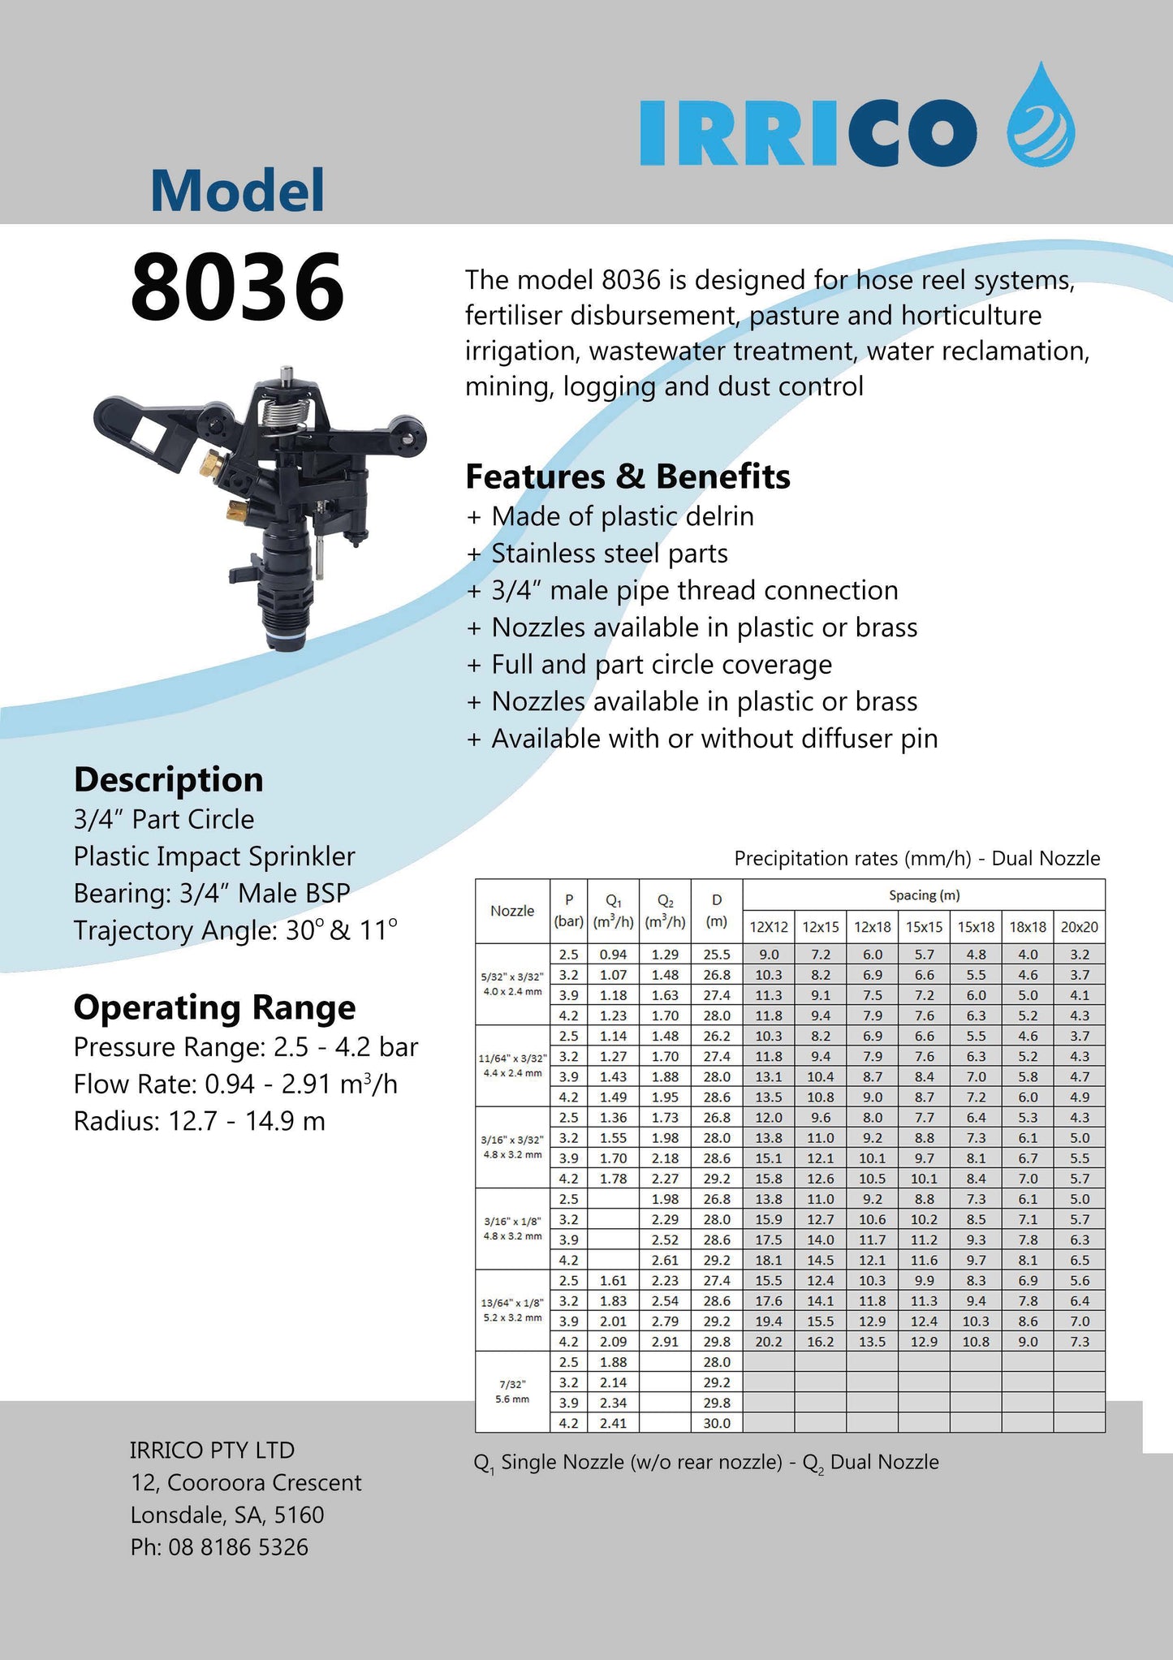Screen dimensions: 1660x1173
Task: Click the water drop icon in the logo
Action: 1041,118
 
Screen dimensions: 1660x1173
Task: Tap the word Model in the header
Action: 237,190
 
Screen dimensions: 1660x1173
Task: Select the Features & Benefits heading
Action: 627,476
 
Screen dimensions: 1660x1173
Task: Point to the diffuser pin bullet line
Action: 702,739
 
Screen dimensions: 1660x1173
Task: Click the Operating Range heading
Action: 214,1007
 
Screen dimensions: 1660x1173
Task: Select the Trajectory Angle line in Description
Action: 235,930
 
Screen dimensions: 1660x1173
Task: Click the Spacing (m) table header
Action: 924,895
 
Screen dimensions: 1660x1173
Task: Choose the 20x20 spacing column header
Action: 1079,927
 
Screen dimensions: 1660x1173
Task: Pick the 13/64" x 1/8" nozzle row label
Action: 512,1309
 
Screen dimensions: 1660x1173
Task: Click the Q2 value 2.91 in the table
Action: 665,1342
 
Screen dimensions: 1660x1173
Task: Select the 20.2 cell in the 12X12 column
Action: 768,1342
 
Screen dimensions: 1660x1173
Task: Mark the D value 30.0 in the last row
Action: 717,1423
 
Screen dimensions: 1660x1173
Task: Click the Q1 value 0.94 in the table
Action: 613,955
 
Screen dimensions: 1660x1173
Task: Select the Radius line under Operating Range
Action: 199,1121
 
